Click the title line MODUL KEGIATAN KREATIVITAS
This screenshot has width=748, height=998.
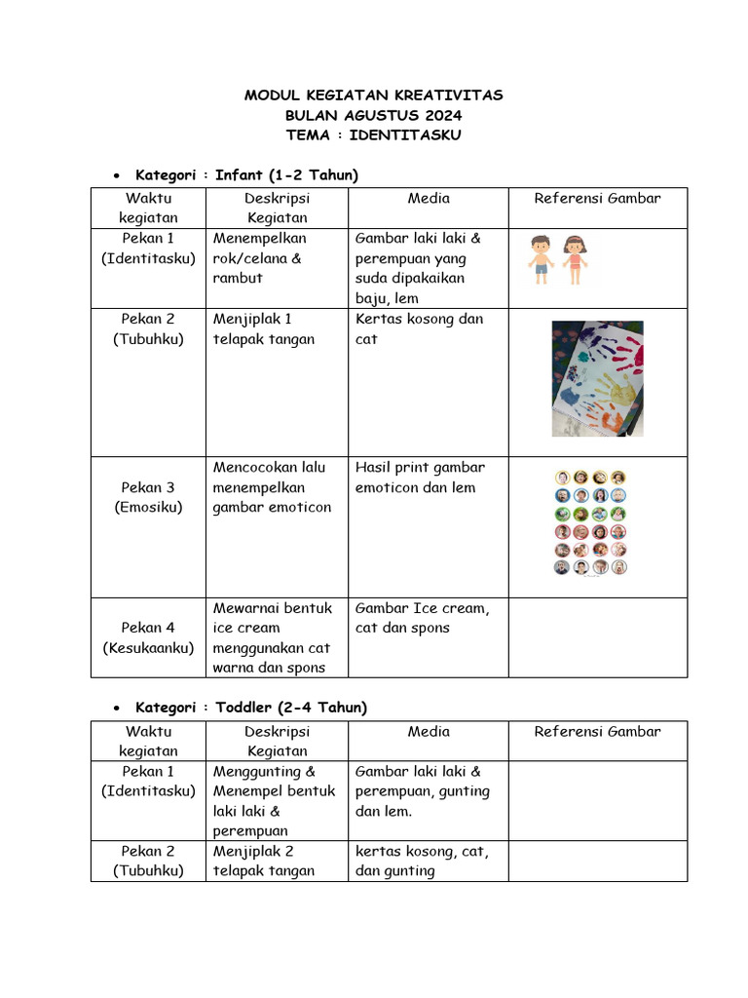pyautogui.click(x=373, y=96)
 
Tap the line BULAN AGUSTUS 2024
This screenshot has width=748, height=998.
pyautogui.click(x=373, y=115)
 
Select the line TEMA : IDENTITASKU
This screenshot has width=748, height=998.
pyautogui.click(x=373, y=135)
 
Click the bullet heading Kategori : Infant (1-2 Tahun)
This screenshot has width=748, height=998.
pyautogui.click(x=246, y=175)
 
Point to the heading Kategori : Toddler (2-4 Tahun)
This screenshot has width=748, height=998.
pyautogui.click(x=251, y=708)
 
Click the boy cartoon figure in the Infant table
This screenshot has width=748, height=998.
pyautogui.click(x=540, y=259)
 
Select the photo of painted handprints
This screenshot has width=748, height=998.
pyautogui.click(x=597, y=378)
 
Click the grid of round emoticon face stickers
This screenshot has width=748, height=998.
pyautogui.click(x=591, y=522)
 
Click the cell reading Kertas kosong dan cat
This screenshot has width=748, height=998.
pyautogui.click(x=419, y=329)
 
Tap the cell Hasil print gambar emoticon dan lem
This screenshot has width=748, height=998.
pyautogui.click(x=420, y=478)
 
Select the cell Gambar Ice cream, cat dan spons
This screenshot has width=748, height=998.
pyautogui.click(x=422, y=618)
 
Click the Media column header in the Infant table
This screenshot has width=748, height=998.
pyautogui.click(x=429, y=199)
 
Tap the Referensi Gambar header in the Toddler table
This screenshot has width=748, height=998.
pyautogui.click(x=597, y=732)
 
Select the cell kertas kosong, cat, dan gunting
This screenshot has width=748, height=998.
pyautogui.click(x=422, y=861)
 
